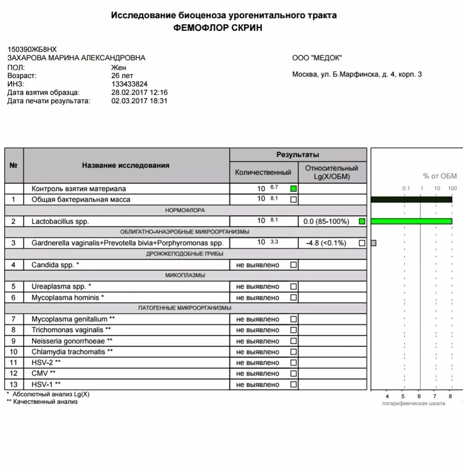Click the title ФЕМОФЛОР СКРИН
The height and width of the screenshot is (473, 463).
tap(218, 28)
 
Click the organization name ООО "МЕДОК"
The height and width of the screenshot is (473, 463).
tap(317, 58)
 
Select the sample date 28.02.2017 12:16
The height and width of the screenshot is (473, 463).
tap(139, 92)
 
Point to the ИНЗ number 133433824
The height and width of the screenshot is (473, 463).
tap(129, 84)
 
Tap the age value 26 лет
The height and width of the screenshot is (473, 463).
tap(122, 75)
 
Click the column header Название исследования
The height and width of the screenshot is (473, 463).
tap(125, 165)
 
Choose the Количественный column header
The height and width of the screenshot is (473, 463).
tap(263, 172)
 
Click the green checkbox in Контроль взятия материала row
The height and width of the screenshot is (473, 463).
tap(293, 189)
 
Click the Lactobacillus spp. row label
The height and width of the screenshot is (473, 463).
tap(60, 221)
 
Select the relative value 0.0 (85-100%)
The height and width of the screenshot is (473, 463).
tap(326, 221)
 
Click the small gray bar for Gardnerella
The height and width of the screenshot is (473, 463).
tap(373, 243)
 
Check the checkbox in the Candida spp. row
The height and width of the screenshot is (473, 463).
tap(293, 265)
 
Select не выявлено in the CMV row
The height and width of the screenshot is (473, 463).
tap(258, 374)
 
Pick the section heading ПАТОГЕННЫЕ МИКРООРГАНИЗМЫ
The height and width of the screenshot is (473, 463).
tap(185, 308)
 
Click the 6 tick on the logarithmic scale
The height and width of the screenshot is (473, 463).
tap(419, 396)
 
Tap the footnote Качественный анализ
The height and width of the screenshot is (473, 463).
tap(45, 402)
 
